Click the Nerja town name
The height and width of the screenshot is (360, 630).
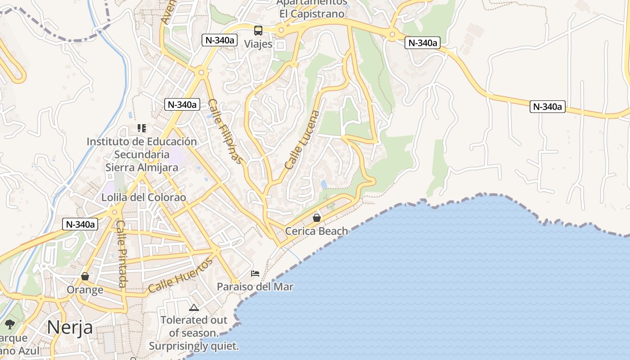tap(70, 327)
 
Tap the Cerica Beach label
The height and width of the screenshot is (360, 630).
tap(317, 231)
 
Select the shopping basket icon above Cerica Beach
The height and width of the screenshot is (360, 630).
tap(317, 218)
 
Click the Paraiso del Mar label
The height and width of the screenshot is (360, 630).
tap(255, 287)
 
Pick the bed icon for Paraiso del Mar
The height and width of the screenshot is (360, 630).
tap(255, 273)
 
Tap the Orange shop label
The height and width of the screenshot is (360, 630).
tap(85, 289)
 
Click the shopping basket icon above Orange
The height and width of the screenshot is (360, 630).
tap(85, 276)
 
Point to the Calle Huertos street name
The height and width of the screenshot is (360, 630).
tap(180, 275)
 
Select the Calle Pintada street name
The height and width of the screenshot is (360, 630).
tap(121, 253)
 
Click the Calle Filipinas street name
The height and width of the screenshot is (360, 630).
tap(226, 131)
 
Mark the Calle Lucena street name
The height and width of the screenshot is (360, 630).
tap(302, 139)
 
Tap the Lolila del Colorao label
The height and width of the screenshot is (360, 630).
tap(144, 198)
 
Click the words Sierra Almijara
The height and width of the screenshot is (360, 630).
tap(142, 168)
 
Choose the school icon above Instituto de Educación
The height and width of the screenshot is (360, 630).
tap(142, 128)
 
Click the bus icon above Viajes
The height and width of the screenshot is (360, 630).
tap(258, 31)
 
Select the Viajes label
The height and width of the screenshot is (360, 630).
tap(258, 44)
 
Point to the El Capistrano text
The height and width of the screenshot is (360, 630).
tap(312, 14)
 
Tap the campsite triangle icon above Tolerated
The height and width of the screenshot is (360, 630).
tap(194, 307)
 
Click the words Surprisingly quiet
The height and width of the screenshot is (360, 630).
tap(194, 346)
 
